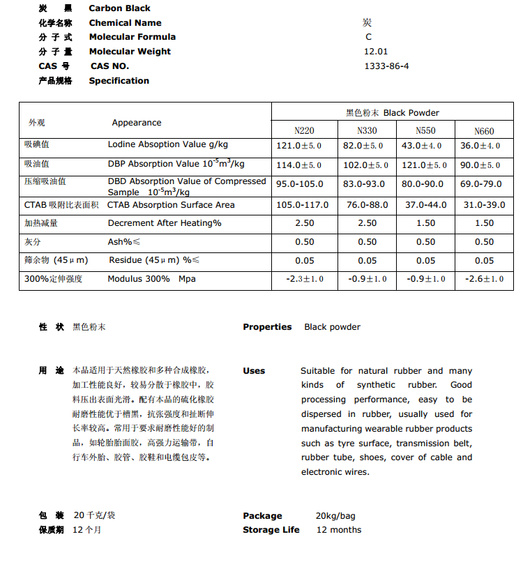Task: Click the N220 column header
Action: coord(304,130)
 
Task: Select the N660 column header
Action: coord(484,130)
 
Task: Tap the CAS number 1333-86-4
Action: coord(386,66)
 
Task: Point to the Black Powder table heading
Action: coord(392,112)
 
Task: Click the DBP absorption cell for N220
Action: coord(299,165)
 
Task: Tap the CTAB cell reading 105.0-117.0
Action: coord(303,205)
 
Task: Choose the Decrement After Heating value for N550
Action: coord(425,223)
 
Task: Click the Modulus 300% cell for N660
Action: coord(484,279)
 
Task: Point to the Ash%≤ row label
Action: coord(122,242)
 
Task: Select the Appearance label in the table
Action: coord(137,123)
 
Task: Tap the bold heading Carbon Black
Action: coord(120,8)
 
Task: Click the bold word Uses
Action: coord(254,371)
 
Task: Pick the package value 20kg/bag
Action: coord(335,516)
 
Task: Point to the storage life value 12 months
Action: coord(339,530)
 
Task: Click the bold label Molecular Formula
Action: coord(132,37)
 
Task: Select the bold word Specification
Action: coord(119,81)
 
